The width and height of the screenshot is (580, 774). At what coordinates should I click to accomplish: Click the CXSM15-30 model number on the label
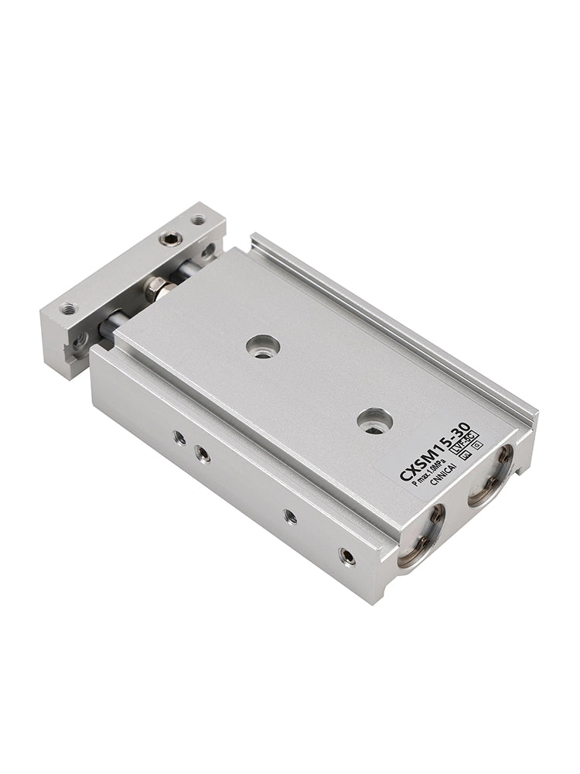435,457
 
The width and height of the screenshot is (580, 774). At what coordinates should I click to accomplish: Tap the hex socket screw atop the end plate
171,238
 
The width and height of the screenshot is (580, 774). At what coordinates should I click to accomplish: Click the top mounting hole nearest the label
375,420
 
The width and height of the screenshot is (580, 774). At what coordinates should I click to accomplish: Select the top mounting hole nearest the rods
263,346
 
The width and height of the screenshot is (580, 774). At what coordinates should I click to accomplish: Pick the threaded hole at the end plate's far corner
199,220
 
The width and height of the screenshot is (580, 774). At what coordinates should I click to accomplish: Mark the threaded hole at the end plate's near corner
69,308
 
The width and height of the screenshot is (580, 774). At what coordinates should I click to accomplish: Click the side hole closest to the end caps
348,555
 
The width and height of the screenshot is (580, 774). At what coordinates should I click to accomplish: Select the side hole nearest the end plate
179,437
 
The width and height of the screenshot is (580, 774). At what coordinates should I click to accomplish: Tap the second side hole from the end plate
203,454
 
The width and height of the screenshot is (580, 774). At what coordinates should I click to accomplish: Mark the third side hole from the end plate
290,515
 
